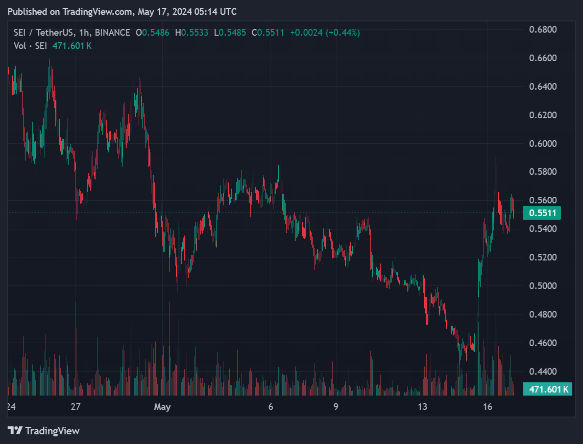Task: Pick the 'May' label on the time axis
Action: (162, 407)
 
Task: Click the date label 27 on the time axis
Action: (76, 407)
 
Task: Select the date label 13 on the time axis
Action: (422, 407)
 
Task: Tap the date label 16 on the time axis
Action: (488, 407)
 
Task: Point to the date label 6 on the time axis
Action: (271, 407)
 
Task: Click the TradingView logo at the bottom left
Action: (44, 431)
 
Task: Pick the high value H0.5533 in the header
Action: (191, 33)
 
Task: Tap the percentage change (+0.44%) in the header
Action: (344, 33)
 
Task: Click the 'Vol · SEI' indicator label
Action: (30, 46)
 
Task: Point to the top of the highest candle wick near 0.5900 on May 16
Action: (496, 157)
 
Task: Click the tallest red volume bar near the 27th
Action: (76, 306)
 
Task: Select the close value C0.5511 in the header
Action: (268, 33)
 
